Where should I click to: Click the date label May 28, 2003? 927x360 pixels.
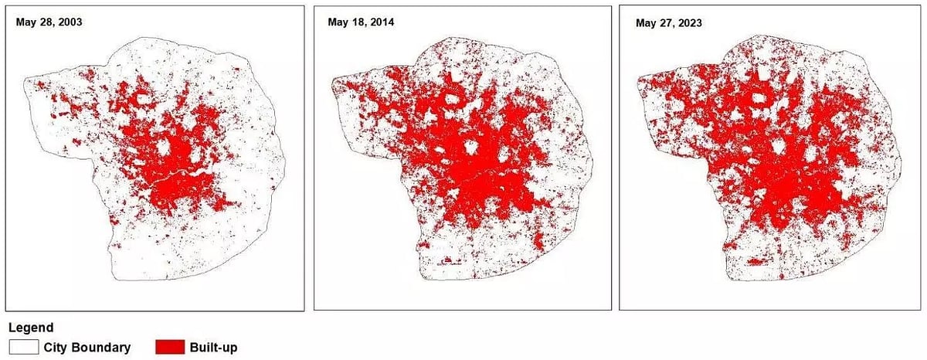[49, 22]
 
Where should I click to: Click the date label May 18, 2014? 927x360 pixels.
[361, 22]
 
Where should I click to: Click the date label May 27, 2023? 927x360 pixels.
[668, 22]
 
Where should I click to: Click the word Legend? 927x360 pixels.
[30, 328]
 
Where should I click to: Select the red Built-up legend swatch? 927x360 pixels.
[169, 347]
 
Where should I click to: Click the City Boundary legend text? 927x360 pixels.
[86, 348]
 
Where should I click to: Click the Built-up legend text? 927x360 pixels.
[213, 348]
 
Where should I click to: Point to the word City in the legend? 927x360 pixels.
[55, 348]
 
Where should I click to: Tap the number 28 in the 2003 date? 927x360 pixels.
[47, 22]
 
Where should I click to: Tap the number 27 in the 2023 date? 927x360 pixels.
[667, 22]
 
